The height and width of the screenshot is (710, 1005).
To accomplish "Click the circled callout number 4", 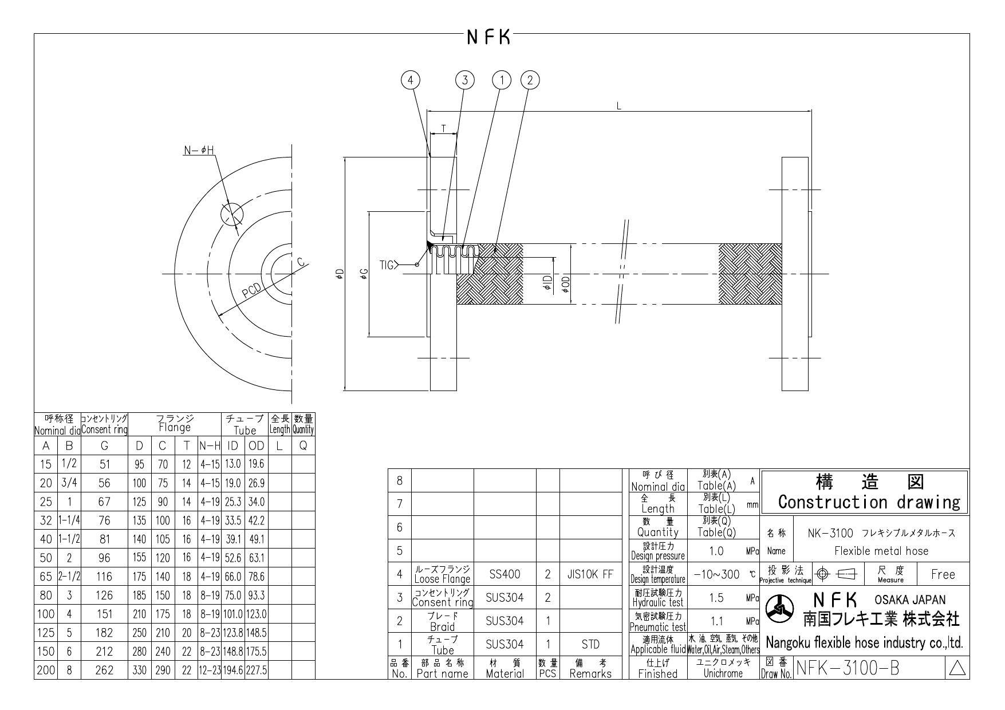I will (x=410, y=80).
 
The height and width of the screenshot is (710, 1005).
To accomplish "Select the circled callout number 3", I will (x=465, y=80).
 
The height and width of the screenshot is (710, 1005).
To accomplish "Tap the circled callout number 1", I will (x=502, y=80).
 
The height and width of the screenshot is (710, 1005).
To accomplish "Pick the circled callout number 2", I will (x=530, y=80).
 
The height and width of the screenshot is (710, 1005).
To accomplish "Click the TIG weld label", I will (x=387, y=265).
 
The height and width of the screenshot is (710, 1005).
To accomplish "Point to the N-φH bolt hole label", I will (x=199, y=151).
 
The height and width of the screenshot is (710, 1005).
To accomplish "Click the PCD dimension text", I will (x=251, y=291).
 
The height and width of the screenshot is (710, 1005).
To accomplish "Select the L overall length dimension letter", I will (x=618, y=106).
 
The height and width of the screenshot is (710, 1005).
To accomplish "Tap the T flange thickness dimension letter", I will (x=444, y=129).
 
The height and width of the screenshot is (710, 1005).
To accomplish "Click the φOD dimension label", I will (x=566, y=282).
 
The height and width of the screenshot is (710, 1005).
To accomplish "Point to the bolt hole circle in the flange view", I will (x=231, y=214).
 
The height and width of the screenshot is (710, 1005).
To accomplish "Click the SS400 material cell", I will (x=505, y=574).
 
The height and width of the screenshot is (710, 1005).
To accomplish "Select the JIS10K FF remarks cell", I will (x=590, y=574).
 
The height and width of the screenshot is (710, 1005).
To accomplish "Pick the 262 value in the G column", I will (x=104, y=670).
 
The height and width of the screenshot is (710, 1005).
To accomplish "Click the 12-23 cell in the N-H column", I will (x=209, y=670).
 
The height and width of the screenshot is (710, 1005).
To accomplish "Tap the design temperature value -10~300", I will (x=716, y=574).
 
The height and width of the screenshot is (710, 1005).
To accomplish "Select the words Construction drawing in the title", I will (x=869, y=502).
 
